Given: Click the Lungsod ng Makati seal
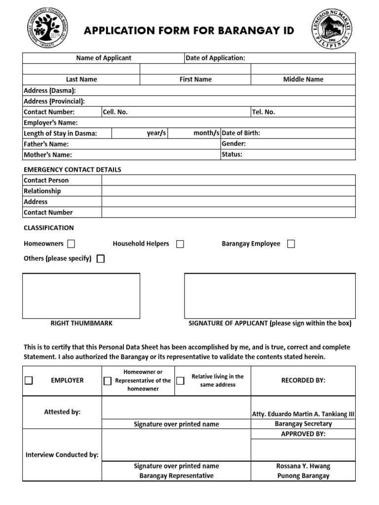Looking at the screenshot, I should point(331,30).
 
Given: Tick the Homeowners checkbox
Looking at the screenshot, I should point(71,244).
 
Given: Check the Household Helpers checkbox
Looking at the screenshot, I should point(180,244).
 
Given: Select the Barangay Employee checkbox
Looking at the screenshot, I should point(291,244).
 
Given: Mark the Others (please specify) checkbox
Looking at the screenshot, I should point(101,259).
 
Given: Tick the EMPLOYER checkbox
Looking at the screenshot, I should point(29,380).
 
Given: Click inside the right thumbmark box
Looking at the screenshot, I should point(81,296).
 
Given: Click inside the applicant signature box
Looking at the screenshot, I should point(269,296).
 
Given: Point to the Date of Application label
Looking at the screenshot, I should point(215,58).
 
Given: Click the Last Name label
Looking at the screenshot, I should point(81,79).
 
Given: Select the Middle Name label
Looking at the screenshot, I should point(303,79).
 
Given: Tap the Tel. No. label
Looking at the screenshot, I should point(264,112).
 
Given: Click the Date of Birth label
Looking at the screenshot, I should point(241,133).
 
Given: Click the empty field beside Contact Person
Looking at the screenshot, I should point(228,180).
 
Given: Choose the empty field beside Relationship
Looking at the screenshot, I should point(228,191).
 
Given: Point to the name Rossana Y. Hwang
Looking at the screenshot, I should point(303,466).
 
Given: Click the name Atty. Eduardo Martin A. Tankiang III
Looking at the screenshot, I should point(303,414).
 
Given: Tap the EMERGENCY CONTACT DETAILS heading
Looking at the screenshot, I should point(73,170).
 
